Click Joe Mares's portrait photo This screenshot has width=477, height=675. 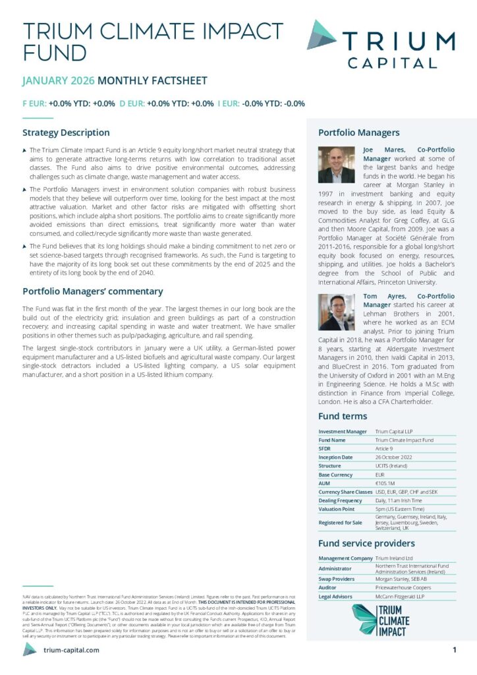click(x=337, y=164)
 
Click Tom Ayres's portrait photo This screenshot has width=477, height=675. click(x=337, y=311)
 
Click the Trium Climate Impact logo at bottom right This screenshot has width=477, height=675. click(x=381, y=619)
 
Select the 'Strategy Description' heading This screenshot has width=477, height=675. click(x=66, y=132)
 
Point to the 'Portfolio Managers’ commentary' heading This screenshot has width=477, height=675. click(x=92, y=291)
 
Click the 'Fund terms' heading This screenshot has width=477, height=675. click(x=343, y=416)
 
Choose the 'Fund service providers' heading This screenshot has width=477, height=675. click(x=366, y=543)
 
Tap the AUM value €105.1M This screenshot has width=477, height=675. click(x=386, y=483)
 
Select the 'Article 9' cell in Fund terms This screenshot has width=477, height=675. click(x=386, y=448)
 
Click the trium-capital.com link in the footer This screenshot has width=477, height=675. click(x=70, y=650)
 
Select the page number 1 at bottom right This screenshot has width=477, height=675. click(x=455, y=650)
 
